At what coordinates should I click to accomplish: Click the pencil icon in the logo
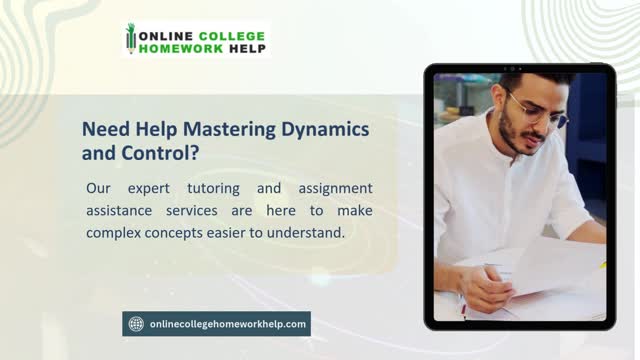click(x=130, y=38)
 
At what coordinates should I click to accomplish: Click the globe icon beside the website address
click(x=136, y=323)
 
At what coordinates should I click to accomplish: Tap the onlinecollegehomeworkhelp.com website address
click(x=227, y=323)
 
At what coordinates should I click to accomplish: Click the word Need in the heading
click(x=101, y=130)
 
